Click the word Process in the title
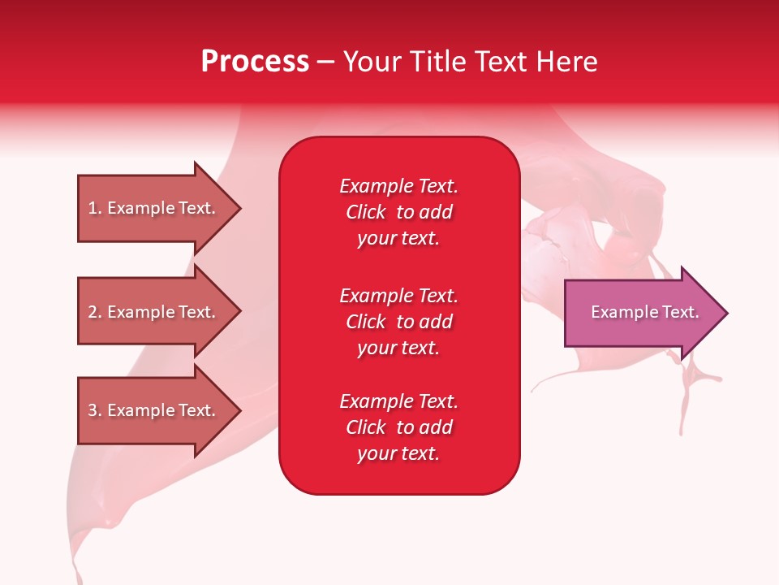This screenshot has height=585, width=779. click(254, 62)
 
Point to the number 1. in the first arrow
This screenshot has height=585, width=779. click(95, 208)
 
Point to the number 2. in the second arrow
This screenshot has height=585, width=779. click(95, 312)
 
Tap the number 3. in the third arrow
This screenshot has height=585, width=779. click(95, 410)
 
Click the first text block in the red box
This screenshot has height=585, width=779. click(398, 212)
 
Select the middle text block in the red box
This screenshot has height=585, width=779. click(398, 322)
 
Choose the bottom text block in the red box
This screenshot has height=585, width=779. click(398, 427)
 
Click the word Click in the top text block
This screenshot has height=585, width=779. click(366, 212)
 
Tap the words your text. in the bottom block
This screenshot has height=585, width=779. click(398, 453)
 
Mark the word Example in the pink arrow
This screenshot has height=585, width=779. click(618, 312)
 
